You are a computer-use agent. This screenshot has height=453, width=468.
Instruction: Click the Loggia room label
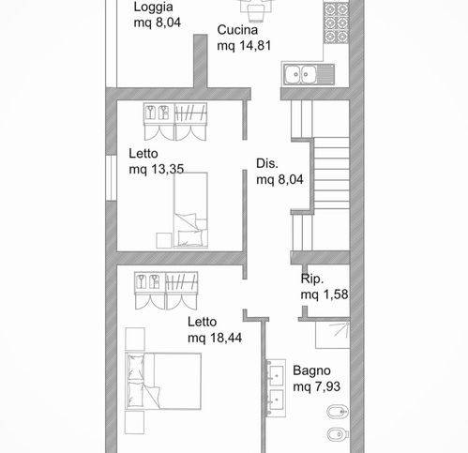point(153,8)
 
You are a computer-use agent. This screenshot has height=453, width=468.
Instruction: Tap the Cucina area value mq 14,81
point(244,46)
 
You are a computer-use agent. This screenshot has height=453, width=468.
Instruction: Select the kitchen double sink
point(309,74)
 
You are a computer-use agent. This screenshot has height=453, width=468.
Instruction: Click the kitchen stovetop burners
point(336,23)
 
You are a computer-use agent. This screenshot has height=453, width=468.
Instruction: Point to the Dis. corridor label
point(267,163)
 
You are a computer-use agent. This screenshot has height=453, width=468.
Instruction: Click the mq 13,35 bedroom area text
point(157,169)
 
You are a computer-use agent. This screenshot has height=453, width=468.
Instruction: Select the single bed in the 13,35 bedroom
point(190,210)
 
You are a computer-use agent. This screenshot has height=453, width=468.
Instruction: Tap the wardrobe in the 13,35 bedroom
point(175,121)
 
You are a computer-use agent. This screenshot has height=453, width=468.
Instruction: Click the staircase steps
point(331,174)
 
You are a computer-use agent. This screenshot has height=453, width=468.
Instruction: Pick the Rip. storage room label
point(312,279)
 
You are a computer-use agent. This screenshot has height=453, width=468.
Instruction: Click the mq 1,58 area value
point(325,294)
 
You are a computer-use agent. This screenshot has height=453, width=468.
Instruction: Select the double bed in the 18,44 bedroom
point(163,381)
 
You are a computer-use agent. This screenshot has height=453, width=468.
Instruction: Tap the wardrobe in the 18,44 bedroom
point(166,291)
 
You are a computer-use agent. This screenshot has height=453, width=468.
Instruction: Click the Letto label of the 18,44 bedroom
point(202,322)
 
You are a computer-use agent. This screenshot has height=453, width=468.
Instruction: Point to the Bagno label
point(311,370)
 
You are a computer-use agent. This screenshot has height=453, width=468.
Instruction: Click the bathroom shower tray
point(333,335)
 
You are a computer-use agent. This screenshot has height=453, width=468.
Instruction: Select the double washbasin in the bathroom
point(276,388)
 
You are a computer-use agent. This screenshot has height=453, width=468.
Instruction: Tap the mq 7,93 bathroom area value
point(317,386)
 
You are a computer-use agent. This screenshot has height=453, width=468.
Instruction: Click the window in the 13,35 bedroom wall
point(111,177)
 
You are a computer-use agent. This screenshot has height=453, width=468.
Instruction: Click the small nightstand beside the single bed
point(164,241)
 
